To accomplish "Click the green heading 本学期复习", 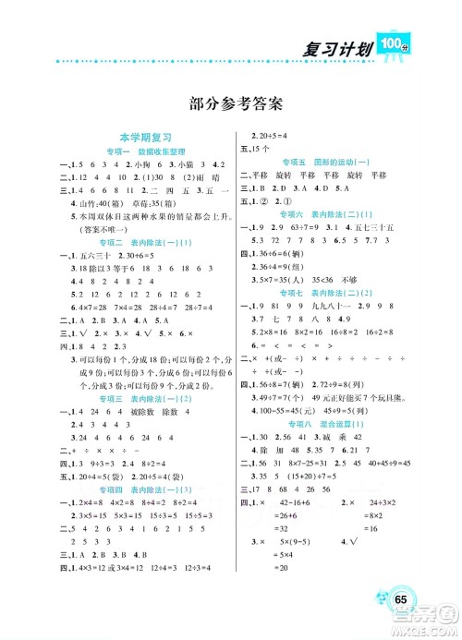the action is pyautogui.click(x=126, y=135).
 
